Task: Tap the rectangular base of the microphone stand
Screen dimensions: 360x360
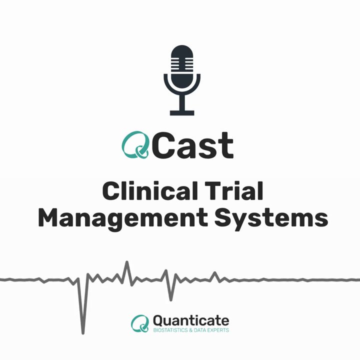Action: coord(182,112)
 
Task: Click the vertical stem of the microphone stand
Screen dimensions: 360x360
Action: coord(182,102)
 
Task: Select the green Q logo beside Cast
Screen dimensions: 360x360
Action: coord(135,145)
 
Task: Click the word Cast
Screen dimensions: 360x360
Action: coord(193,145)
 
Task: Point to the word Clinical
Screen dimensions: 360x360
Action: coord(150,191)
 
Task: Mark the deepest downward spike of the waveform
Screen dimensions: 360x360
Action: coord(83,332)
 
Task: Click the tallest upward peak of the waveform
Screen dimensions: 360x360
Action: coord(126,262)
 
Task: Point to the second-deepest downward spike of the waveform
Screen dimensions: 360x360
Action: coord(170,299)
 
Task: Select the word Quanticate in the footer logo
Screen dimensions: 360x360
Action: coord(191,320)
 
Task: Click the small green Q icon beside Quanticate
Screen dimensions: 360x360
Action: coord(140,323)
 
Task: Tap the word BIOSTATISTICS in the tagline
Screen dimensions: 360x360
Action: coord(170,330)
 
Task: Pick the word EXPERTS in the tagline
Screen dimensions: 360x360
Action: coord(218,330)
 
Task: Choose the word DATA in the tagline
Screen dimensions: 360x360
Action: coord(200,330)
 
